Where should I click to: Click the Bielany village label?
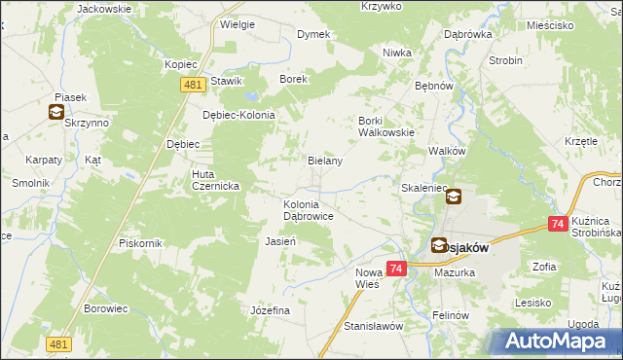pos(324,161)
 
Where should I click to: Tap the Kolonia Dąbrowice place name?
pos(309,210)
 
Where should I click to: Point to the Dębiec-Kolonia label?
pos(238,114)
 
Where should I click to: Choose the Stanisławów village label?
pos(373,326)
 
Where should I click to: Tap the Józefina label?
pos(271,309)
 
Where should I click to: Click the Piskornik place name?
pos(138,242)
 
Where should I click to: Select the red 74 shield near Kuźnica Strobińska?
pos(558,224)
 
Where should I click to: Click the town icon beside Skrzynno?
pos(55,112)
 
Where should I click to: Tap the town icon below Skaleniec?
pos(453,197)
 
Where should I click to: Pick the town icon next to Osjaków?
pos(439,246)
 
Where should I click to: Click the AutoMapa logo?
pos(559,341)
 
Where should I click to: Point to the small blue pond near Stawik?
pos(251,97)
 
